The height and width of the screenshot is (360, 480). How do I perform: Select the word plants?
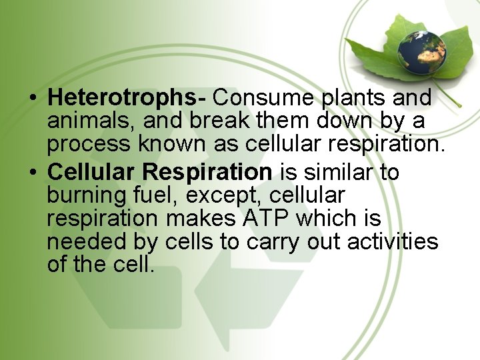pyautogui.click(x=354, y=98)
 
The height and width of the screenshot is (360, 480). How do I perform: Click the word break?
pyautogui.click(x=219, y=122)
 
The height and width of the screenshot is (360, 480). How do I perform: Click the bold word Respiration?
pyautogui.click(x=207, y=172)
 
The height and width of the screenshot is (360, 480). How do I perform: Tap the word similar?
pyautogui.click(x=340, y=172)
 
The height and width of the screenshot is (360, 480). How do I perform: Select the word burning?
pyautogui.click(x=87, y=195)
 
